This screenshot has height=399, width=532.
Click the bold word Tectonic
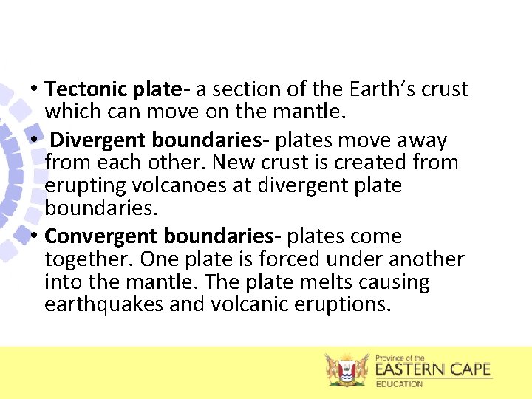pyautogui.click(x=86, y=89)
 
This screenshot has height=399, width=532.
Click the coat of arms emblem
pyautogui.click(x=347, y=369)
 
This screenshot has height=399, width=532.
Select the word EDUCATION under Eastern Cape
pyautogui.click(x=400, y=384)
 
